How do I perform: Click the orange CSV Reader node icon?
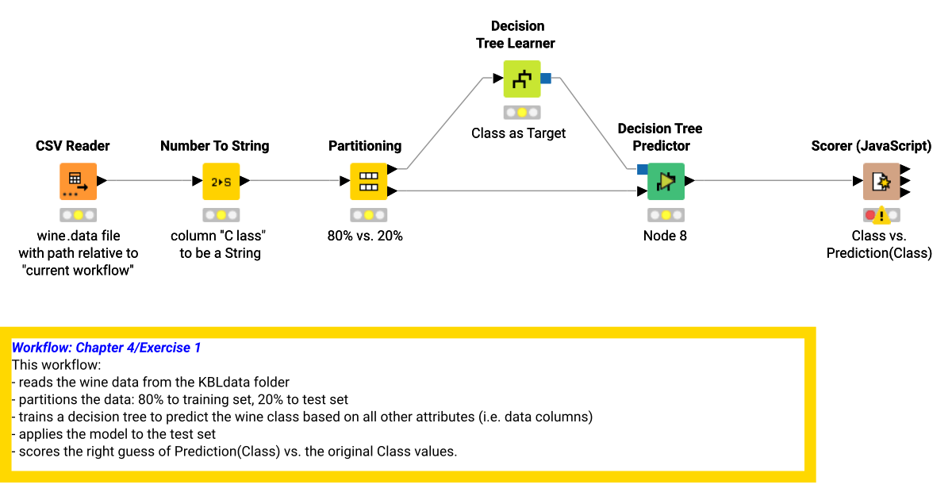(x=78, y=181)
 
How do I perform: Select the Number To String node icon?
(x=221, y=181)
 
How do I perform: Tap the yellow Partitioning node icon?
(x=368, y=181)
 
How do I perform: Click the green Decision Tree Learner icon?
(x=521, y=79)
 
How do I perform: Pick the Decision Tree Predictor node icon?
(x=666, y=181)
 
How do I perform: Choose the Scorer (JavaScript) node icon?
(x=881, y=181)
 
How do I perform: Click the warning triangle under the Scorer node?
(x=881, y=215)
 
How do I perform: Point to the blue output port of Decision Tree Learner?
(x=546, y=78)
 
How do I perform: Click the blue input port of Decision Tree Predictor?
(x=642, y=169)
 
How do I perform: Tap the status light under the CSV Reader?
(x=78, y=215)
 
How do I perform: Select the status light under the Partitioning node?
(x=368, y=215)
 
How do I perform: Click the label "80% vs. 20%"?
(x=365, y=236)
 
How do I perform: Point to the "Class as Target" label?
(x=518, y=133)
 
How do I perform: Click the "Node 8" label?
(x=665, y=236)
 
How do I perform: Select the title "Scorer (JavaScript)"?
(x=871, y=146)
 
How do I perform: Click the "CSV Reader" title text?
(x=73, y=146)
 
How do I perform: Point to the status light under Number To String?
(x=221, y=215)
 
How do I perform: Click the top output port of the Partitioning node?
(x=391, y=169)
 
